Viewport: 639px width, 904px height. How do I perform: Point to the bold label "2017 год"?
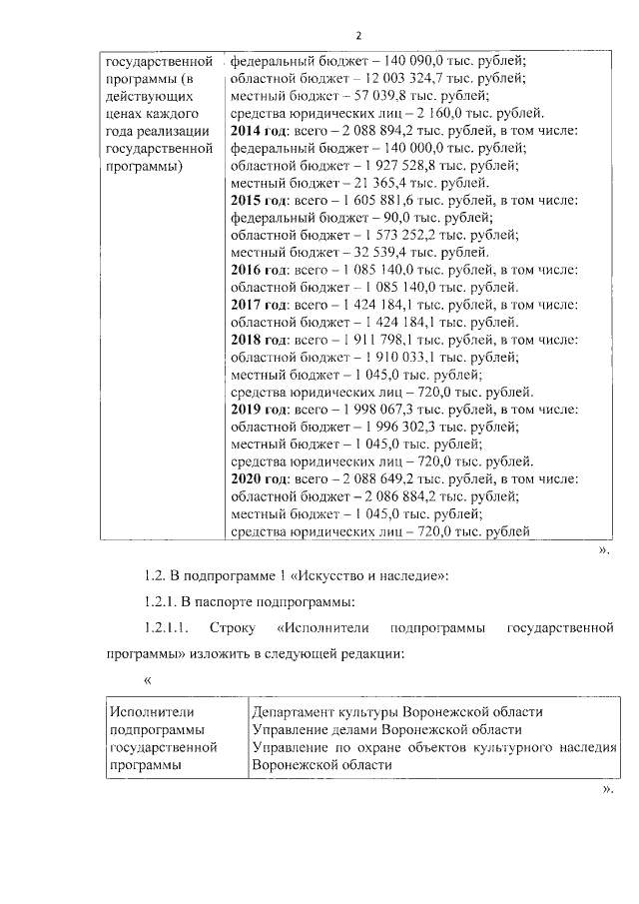point(259,305)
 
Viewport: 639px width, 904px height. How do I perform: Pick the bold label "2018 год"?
point(259,341)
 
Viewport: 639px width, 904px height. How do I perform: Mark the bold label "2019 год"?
point(259,411)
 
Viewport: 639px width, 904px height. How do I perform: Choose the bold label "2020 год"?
point(259,480)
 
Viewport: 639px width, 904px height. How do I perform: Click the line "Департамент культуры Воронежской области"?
point(396,711)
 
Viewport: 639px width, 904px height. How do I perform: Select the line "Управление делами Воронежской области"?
point(384,729)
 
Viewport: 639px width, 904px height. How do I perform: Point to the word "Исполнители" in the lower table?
point(151,711)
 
